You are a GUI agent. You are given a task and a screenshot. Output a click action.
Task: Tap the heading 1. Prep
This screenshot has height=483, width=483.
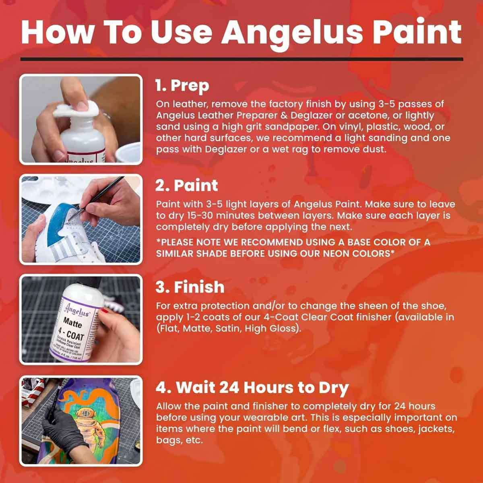[x=182, y=86]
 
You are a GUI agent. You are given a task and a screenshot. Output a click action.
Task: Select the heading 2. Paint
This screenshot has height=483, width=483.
[x=187, y=186]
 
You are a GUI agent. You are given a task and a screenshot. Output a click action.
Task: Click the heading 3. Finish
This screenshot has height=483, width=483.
[x=190, y=287]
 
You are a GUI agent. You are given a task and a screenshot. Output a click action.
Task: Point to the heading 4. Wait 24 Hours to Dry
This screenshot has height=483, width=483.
[x=252, y=388]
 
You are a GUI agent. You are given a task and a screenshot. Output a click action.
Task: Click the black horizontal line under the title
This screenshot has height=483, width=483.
[x=242, y=59]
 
